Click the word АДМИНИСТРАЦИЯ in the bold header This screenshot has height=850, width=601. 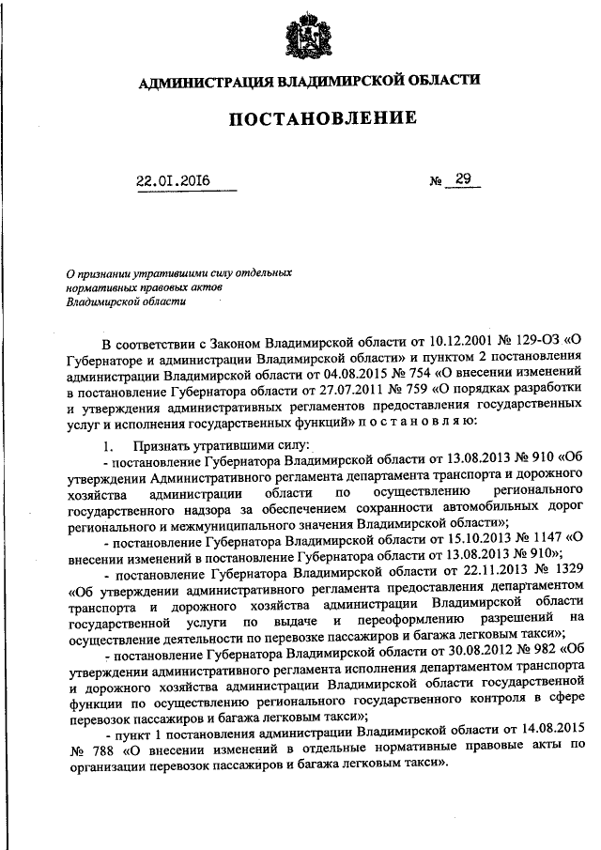(x=199, y=82)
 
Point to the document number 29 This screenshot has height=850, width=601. (x=462, y=179)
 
